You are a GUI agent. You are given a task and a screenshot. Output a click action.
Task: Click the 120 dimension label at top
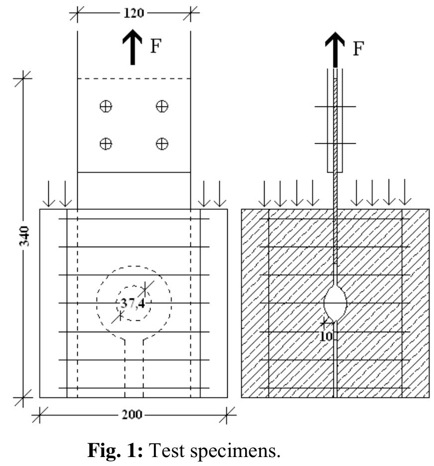(x=134, y=13)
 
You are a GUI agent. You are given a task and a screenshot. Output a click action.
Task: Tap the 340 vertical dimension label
(x=24, y=236)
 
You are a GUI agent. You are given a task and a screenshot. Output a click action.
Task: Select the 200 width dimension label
(x=132, y=415)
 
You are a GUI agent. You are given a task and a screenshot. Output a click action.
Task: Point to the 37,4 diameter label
(x=133, y=303)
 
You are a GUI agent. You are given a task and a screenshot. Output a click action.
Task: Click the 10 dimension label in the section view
(x=326, y=336)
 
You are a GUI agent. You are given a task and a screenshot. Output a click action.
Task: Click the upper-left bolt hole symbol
(x=106, y=106)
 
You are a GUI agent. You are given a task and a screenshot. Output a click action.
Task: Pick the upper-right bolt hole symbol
(x=162, y=106)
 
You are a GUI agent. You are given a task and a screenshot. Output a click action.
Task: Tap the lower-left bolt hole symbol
(x=106, y=144)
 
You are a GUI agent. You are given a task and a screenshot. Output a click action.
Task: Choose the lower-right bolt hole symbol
(x=162, y=144)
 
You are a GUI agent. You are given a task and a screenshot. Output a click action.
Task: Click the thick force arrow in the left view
(x=133, y=47)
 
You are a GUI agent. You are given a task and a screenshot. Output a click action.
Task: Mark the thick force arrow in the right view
(x=335, y=50)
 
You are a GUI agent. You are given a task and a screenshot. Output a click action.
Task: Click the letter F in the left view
(x=155, y=46)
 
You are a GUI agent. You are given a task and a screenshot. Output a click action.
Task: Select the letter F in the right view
(x=358, y=48)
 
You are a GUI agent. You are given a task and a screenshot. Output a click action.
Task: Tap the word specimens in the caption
(x=235, y=452)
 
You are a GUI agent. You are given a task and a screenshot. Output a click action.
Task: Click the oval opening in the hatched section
(x=335, y=303)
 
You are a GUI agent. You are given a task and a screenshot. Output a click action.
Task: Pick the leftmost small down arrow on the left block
(x=48, y=194)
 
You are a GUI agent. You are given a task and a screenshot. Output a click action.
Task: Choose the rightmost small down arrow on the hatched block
(x=405, y=192)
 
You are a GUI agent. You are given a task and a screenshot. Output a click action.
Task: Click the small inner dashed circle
(x=134, y=286)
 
